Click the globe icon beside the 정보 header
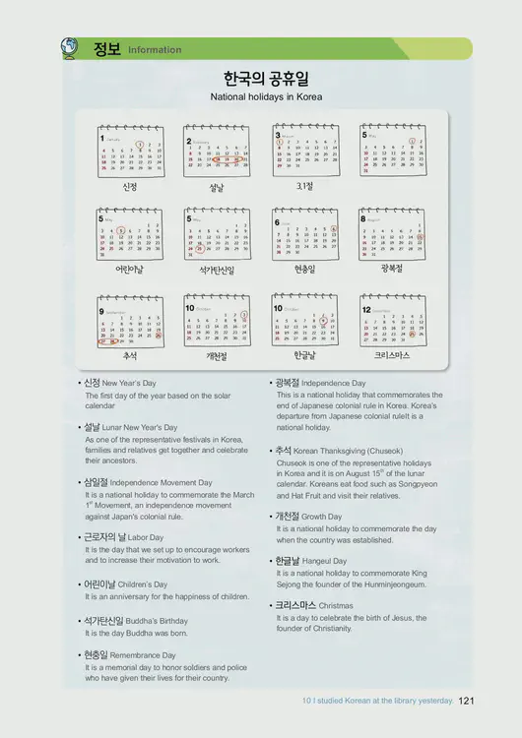[x=69, y=45]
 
